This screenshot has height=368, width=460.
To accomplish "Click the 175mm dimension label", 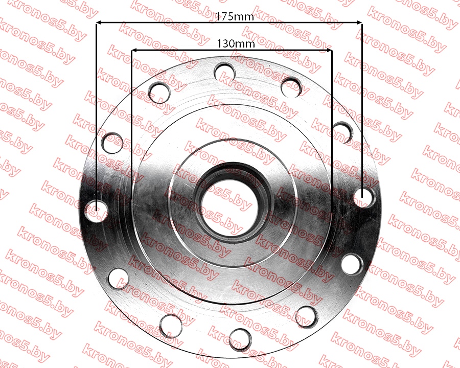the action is (x=235, y=17).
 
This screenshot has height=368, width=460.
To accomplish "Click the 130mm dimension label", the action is (x=236, y=44).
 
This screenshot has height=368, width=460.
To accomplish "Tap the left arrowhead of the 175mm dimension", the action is (x=99, y=22).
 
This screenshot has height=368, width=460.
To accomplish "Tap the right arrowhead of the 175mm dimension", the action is (x=359, y=22).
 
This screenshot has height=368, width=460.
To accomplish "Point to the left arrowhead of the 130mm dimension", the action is (x=134, y=51).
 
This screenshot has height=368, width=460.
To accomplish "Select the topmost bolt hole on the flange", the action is (x=225, y=72).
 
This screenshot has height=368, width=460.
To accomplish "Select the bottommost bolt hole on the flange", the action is (x=240, y=340).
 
